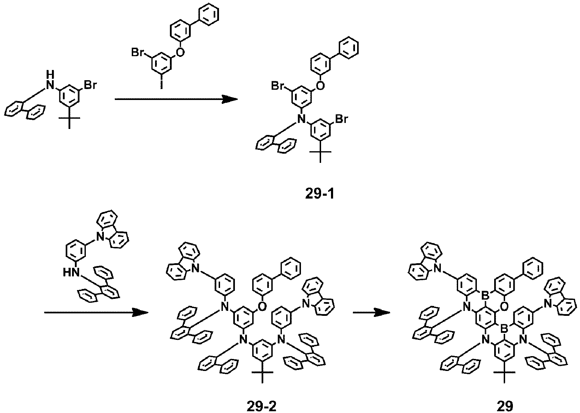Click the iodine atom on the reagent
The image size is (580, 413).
tap(161, 85)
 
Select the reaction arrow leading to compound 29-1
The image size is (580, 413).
tap(176, 99)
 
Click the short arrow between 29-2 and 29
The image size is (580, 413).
tap(372, 313)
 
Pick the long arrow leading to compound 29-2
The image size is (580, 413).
tap(96, 313)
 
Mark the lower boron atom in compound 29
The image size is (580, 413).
tap(504, 329)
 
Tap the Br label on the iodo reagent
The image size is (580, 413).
tap(138, 53)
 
